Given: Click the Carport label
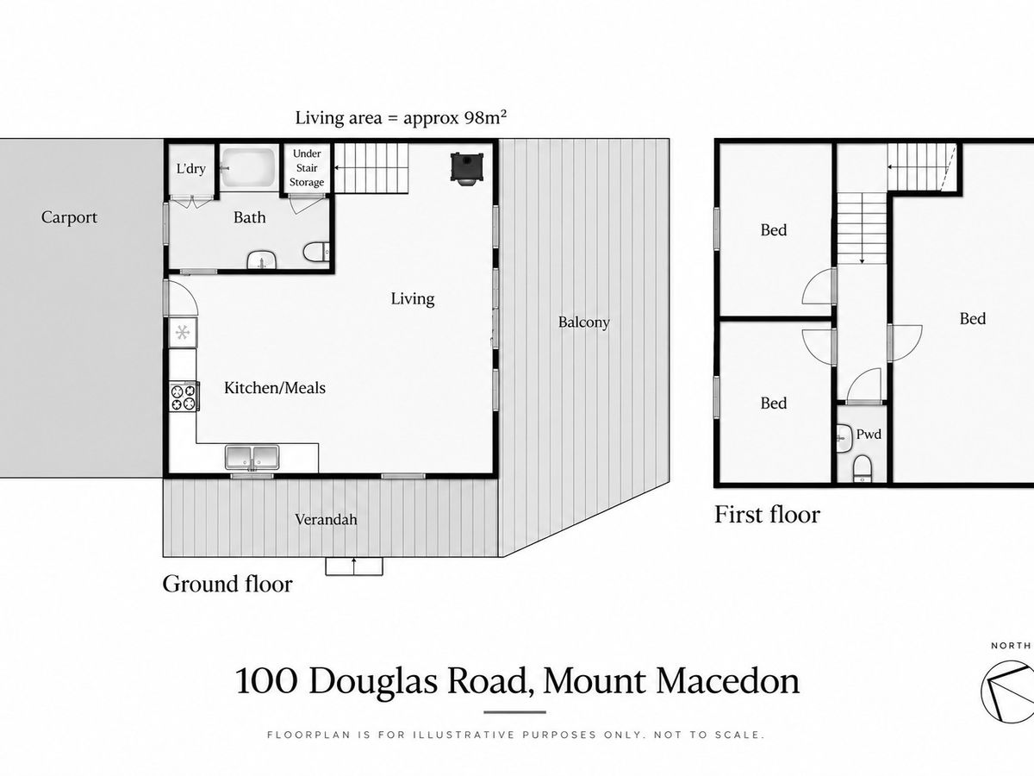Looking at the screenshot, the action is click(69, 217).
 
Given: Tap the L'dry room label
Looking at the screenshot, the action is click(190, 168).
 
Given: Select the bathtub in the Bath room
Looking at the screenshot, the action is click(249, 168).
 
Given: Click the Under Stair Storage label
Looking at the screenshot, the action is click(307, 168).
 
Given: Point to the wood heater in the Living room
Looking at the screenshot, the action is click(466, 167).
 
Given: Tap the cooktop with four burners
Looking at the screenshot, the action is click(184, 397).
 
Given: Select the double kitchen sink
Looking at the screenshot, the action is click(252, 458).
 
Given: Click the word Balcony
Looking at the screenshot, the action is click(583, 322).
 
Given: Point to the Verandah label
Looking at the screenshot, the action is click(326, 519).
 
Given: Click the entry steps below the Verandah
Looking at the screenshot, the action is click(354, 566).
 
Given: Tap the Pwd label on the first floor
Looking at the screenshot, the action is click(869, 434).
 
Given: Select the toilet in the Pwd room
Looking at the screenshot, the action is click(863, 468).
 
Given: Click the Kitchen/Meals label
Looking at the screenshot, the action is click(275, 388).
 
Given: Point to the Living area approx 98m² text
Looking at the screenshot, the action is click(401, 118).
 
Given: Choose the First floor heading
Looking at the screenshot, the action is click(768, 515).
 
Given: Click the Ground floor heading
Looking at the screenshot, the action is click(227, 585).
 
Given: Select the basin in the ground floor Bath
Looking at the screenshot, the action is click(261, 260).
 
